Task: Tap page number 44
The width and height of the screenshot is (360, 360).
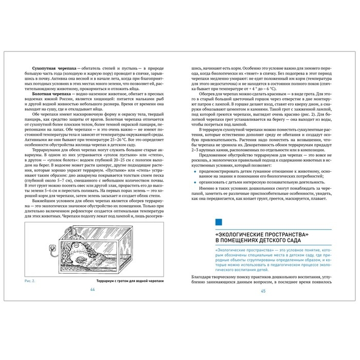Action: coord(93,289)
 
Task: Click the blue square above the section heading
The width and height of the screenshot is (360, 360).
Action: coord(219,221)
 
